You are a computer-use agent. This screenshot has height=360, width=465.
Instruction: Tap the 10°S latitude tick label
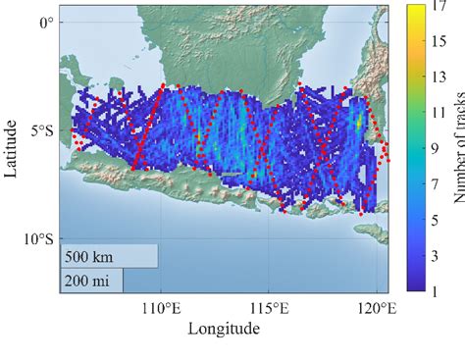[38, 238]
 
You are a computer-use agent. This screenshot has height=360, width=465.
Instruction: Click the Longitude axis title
[224, 330]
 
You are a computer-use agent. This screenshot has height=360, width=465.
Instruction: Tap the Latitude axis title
[12, 149]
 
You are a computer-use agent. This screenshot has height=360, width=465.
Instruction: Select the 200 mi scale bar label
[86, 282]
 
